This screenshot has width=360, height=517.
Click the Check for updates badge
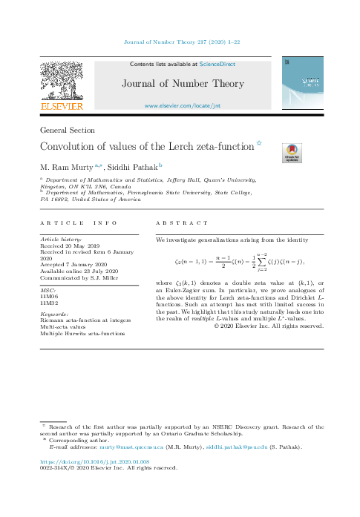point(292,153)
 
